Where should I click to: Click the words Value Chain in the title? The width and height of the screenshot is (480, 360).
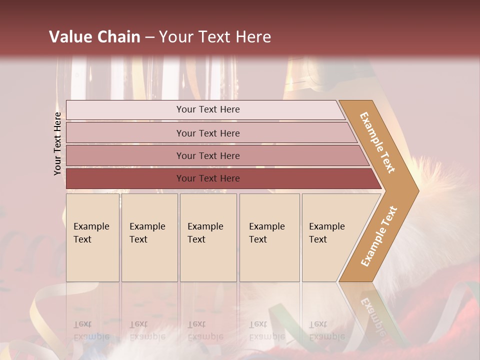point(94,37)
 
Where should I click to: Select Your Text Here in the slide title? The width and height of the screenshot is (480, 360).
point(215,37)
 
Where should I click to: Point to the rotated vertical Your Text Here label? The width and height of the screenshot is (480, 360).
point(57,144)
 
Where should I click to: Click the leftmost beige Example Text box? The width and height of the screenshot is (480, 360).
point(92,237)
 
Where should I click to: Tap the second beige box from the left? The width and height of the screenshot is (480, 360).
point(149,237)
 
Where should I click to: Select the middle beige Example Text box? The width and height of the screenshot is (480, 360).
point(208,237)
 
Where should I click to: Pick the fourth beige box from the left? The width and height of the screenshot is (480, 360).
point(269,237)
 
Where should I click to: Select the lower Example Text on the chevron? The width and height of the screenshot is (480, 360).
point(378,236)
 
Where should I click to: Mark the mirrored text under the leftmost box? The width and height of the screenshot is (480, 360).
point(91,330)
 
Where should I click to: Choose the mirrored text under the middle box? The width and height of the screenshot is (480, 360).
point(205,330)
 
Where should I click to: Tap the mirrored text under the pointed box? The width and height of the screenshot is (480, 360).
point(327,330)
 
